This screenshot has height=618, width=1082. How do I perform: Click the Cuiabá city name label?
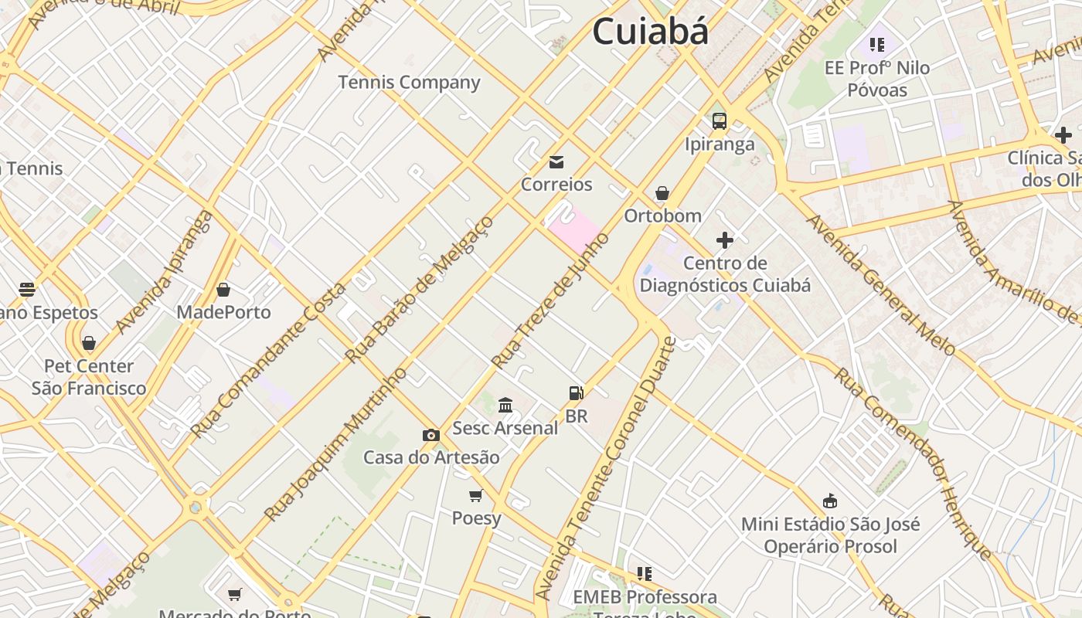[x=650, y=32]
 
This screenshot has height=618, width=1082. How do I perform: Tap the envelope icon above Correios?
[x=556, y=161]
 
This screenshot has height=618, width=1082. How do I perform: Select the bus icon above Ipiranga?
[x=720, y=121]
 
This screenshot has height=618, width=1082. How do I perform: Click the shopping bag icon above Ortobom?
[x=662, y=192]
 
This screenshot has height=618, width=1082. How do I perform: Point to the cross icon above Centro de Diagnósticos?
[x=725, y=239]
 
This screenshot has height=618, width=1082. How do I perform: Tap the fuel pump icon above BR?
[x=576, y=393]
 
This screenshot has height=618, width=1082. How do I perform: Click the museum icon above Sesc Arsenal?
[x=505, y=405]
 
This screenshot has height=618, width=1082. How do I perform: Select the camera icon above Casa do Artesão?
[x=431, y=435]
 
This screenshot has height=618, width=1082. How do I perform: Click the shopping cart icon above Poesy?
[x=476, y=495]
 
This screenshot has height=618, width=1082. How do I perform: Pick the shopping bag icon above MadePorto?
[x=223, y=290]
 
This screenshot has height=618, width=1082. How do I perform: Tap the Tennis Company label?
[x=409, y=82]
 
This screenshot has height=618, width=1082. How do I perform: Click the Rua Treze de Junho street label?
[x=550, y=301]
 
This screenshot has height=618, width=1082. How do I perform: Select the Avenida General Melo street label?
[x=880, y=285]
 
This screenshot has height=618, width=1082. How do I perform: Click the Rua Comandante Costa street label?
[x=268, y=360]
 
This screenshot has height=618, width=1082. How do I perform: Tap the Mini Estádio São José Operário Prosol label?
[x=831, y=535]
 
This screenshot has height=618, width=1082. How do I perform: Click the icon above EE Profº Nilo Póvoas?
[x=876, y=45]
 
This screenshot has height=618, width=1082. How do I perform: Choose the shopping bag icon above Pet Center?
[x=89, y=343]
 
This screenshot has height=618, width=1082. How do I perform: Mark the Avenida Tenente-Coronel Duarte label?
[x=606, y=469]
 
